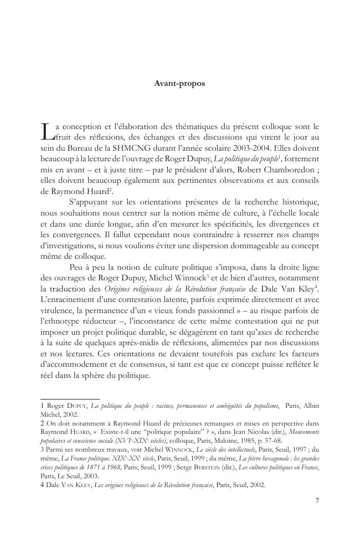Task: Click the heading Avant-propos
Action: click(x=179, y=84)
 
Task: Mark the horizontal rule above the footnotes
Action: click(x=70, y=398)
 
